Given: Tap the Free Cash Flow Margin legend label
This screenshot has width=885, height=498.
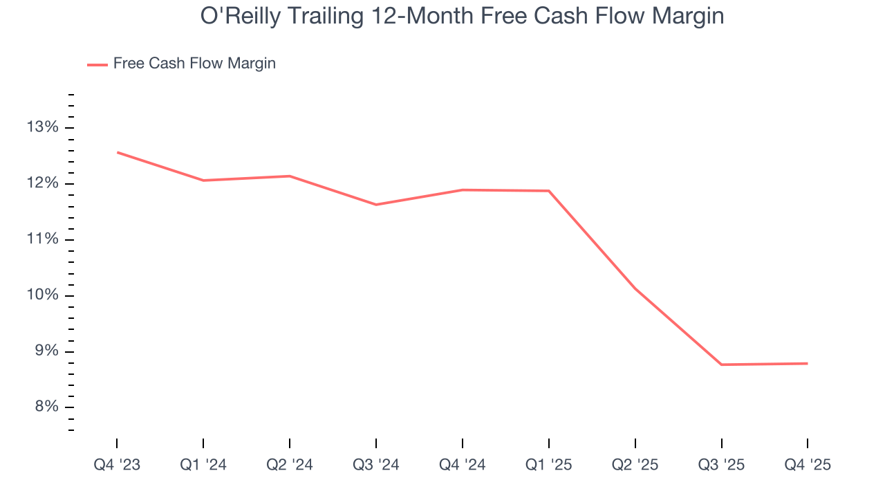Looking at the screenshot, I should pyautogui.click(x=194, y=64).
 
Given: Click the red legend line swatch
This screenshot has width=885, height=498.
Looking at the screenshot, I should pyautogui.click(x=97, y=64).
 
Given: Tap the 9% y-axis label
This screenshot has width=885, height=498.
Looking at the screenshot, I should pyautogui.click(x=46, y=351).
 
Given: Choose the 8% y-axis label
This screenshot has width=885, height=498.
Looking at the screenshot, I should pyautogui.click(x=46, y=407).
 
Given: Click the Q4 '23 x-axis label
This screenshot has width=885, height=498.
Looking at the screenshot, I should pyautogui.click(x=117, y=465).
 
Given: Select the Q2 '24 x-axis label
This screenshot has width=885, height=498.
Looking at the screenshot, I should pyautogui.click(x=290, y=465).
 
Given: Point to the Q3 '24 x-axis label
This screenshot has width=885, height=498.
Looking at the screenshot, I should pyautogui.click(x=376, y=465).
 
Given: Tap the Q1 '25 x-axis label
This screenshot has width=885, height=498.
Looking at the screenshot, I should pyautogui.click(x=548, y=465).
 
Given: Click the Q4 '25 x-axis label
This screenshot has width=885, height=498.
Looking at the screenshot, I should pyautogui.click(x=808, y=465).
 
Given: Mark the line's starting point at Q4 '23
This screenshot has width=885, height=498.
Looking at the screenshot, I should pyautogui.click(x=117, y=152).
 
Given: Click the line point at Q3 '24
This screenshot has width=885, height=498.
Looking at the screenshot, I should pyautogui.click(x=376, y=205).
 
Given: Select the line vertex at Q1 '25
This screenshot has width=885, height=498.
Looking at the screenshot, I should pyautogui.click(x=548, y=191).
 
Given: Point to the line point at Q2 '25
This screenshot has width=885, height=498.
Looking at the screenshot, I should pyautogui.click(x=635, y=288).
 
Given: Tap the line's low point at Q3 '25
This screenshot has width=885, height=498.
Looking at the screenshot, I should pyautogui.click(x=721, y=365).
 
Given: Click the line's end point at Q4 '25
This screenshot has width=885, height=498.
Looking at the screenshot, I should pyautogui.click(x=808, y=363).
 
